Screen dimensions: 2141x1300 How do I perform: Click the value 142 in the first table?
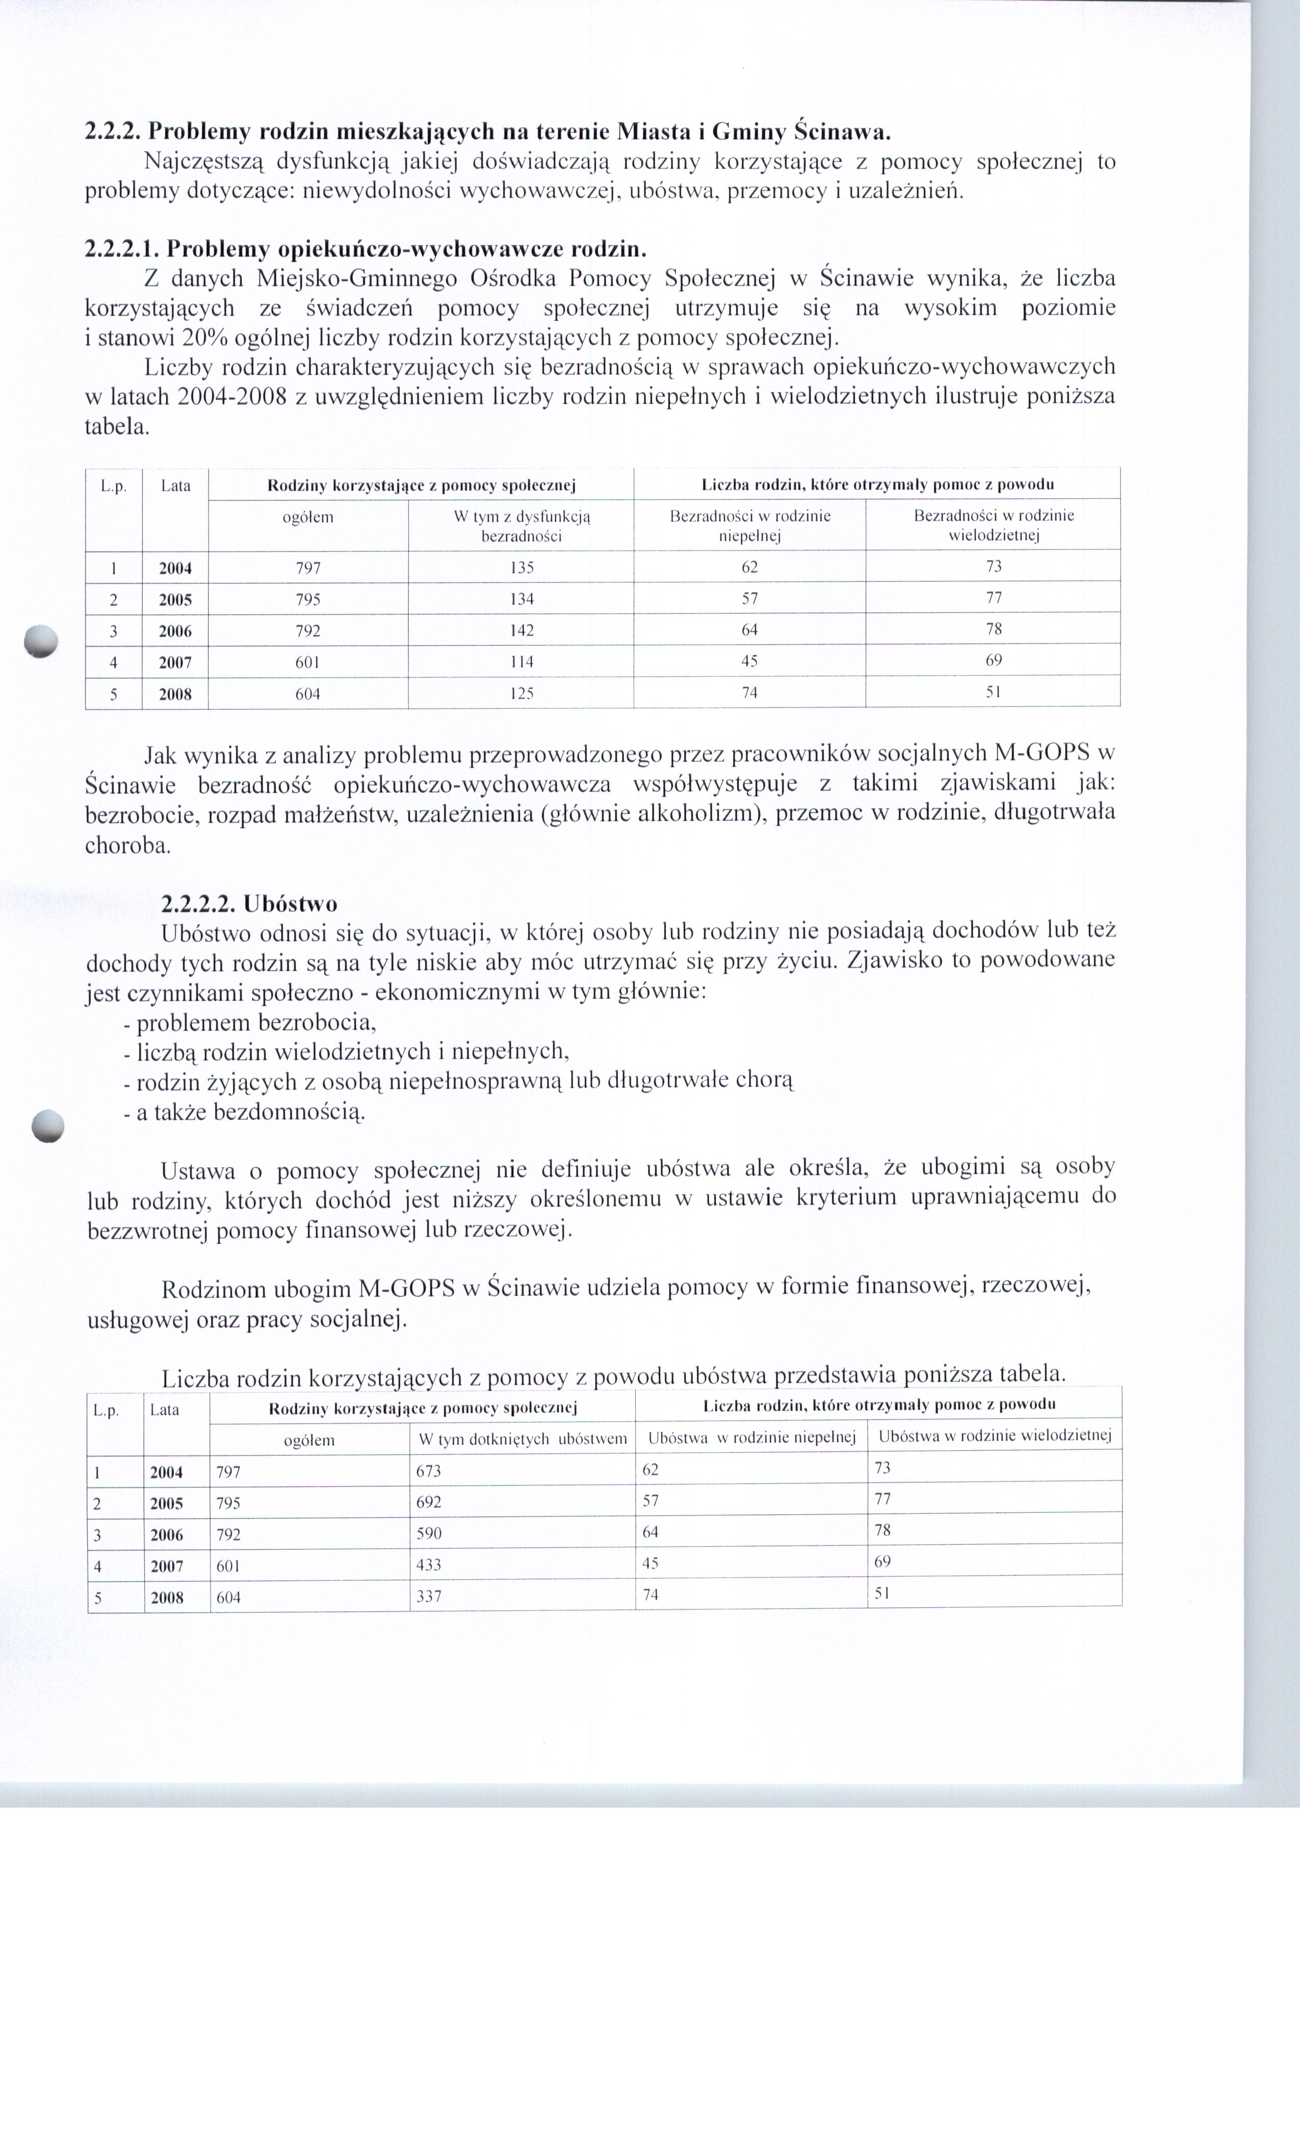(522, 630)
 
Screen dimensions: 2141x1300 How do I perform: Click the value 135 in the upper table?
(522, 567)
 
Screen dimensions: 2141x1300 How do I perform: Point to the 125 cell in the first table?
(522, 693)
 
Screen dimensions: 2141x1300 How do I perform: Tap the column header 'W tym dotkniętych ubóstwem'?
(522, 1439)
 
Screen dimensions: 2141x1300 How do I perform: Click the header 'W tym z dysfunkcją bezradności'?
(522, 526)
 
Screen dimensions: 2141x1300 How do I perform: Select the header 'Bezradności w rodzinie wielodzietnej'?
(993, 525)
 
